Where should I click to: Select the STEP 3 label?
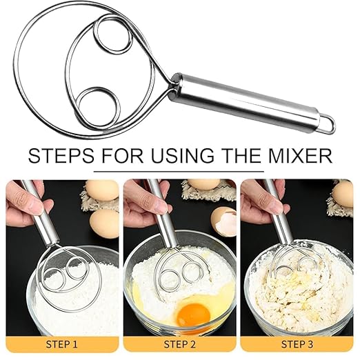point(299,343)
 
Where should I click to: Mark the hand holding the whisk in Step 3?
point(266,200)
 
